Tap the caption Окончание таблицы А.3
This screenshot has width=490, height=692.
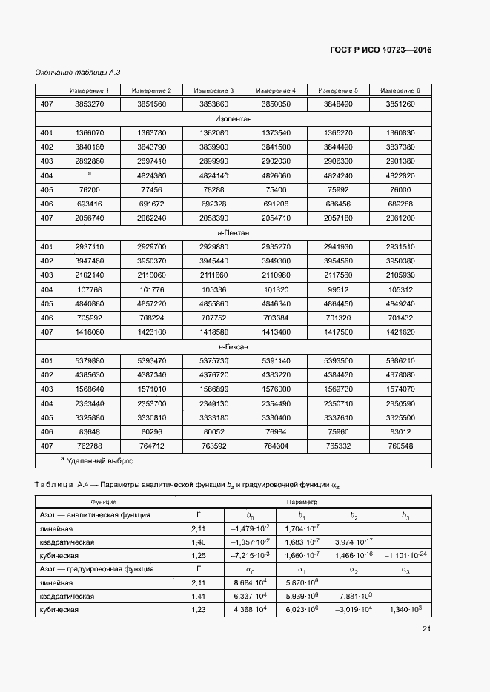pos(78,72)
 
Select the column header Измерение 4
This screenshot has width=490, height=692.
pos(276,90)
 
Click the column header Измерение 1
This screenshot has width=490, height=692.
pos(89,90)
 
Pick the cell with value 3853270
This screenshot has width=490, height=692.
pos(89,104)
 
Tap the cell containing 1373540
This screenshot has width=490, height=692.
pos(276,132)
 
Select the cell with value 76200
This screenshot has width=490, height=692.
pos(89,189)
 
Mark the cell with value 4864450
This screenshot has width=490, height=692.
pos(338,303)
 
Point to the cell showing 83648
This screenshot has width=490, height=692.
pos(89,431)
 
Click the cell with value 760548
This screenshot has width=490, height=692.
pos(400,446)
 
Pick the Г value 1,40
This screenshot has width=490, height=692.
pos(198,542)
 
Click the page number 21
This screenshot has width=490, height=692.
pos(426,629)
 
